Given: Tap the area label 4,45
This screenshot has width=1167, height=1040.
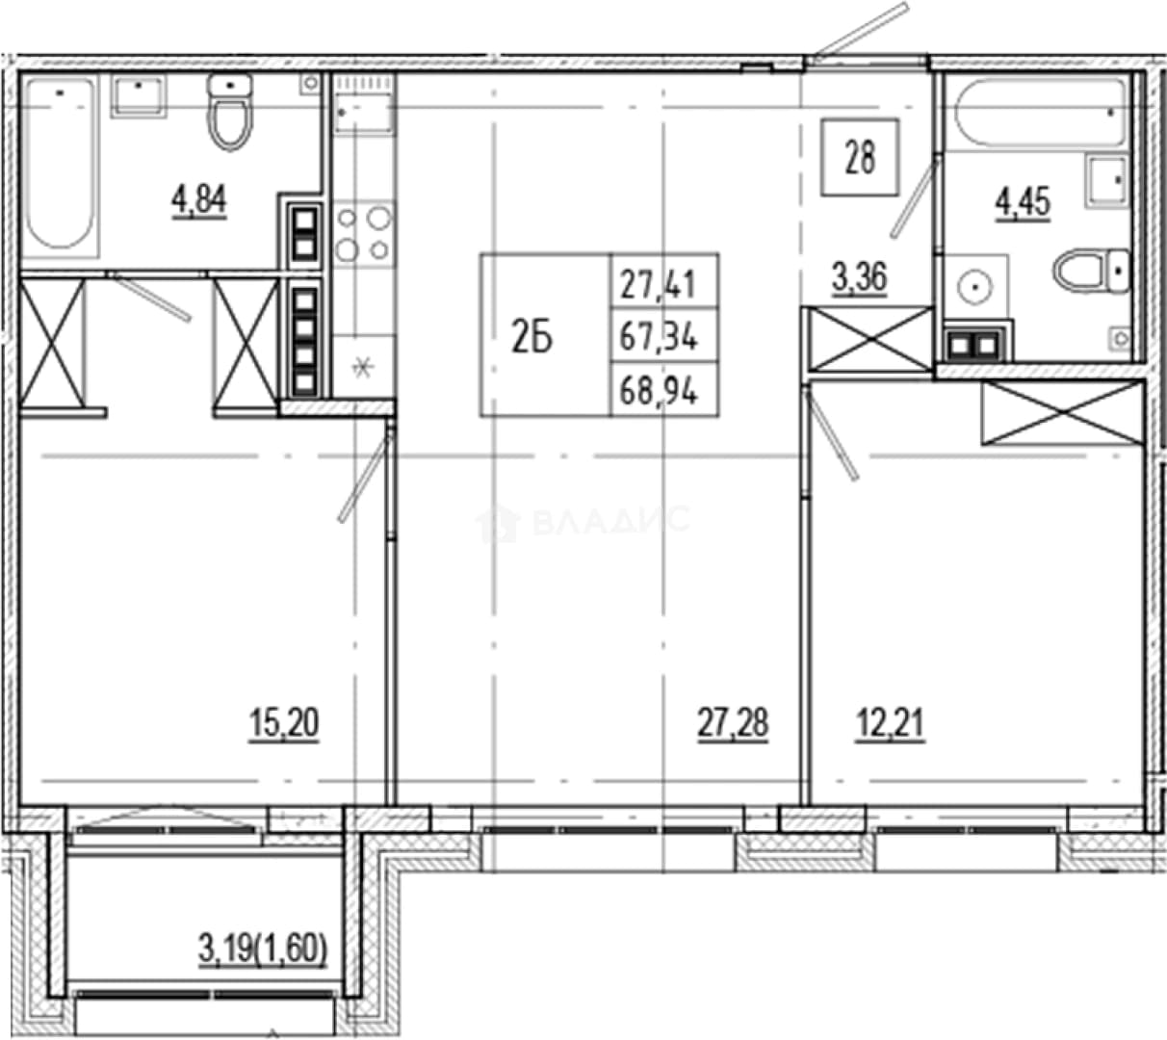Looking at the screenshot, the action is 1024,202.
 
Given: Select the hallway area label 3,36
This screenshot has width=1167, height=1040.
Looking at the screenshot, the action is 860,276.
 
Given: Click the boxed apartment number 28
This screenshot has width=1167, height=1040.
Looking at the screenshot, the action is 860,157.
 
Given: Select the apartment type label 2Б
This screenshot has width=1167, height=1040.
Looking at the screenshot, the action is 532,338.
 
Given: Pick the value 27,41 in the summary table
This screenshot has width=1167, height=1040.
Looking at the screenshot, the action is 659,285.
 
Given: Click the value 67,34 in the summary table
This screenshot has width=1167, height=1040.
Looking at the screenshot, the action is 659,336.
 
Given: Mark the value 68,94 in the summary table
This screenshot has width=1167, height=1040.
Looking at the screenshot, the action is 659,391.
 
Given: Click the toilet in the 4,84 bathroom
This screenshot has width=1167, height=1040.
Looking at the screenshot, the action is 230,112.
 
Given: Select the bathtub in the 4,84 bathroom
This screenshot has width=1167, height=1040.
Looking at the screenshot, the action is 61,168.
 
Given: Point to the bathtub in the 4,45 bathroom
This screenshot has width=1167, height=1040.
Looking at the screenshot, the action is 1040,114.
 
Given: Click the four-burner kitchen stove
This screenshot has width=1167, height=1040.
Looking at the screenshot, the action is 364,233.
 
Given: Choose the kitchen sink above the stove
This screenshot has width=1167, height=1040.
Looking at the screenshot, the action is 364,106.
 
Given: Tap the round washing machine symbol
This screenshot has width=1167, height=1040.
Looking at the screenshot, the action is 974,286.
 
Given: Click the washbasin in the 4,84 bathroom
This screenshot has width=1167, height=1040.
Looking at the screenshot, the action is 139,96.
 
